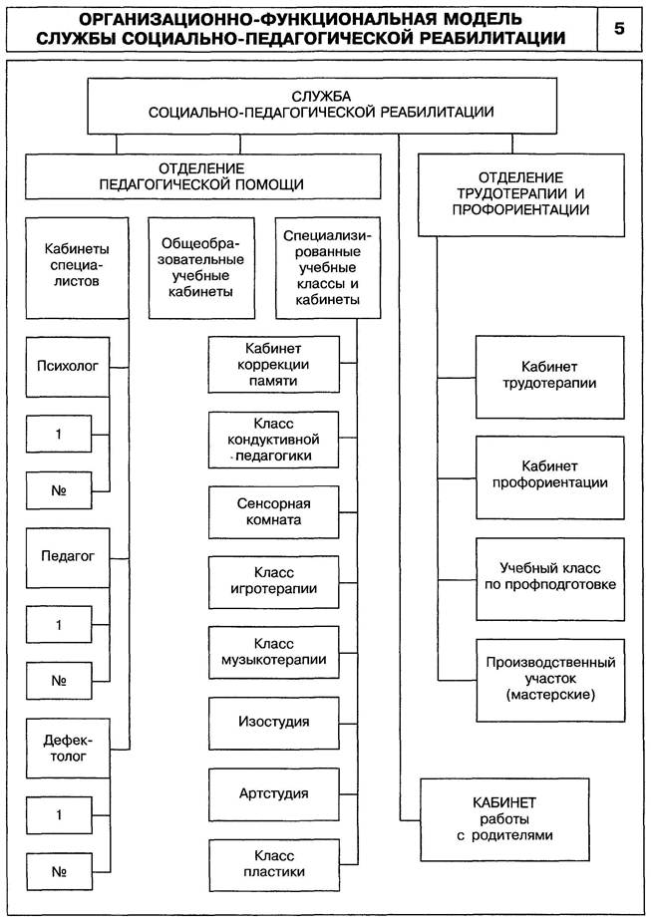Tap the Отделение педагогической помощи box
pyautogui.click(x=202, y=176)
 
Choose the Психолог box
pyautogui.click(x=68, y=366)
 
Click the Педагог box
pyautogui.click(x=68, y=557)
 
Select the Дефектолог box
pyautogui.click(x=68, y=749)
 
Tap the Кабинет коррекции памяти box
pyautogui.click(x=272, y=365)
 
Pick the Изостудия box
pyautogui.click(x=272, y=721)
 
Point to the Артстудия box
pyautogui.click(x=272, y=793)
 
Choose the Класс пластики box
pyautogui.click(x=272, y=863)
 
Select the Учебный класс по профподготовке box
pyautogui.click(x=549, y=576)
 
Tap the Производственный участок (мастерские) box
pyautogui.click(x=549, y=678)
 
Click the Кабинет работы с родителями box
pyautogui.click(x=504, y=819)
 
